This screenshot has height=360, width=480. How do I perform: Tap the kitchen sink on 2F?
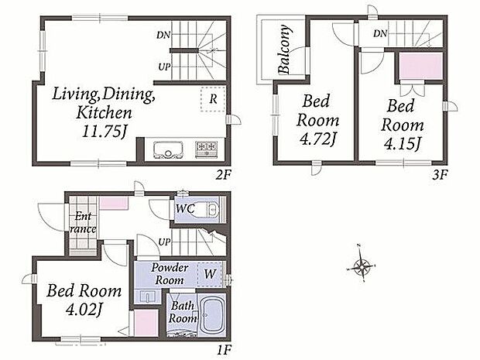click(168, 150)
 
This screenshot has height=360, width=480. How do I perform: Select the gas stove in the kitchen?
click(207, 149)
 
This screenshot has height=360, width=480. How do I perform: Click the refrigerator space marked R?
click(213, 99)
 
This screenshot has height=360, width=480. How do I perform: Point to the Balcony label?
click(284, 49)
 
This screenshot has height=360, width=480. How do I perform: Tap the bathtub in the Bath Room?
click(212, 316)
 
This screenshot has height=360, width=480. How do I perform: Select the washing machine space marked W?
click(211, 274)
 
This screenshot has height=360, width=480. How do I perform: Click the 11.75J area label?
click(104, 132)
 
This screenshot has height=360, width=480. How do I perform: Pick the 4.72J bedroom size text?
click(317, 140)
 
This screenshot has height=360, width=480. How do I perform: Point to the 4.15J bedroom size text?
click(403, 144)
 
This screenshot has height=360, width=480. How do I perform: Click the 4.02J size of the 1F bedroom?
click(84, 310)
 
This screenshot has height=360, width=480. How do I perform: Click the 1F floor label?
click(224, 349)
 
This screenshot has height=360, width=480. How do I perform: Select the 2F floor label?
click(223, 175)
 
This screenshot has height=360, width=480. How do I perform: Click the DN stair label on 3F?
click(380, 33)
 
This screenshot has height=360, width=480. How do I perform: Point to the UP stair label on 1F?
click(164, 242)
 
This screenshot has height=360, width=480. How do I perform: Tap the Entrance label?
click(83, 222)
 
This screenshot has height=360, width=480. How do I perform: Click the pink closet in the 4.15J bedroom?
click(421, 66)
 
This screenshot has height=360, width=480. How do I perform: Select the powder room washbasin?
click(148, 296)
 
